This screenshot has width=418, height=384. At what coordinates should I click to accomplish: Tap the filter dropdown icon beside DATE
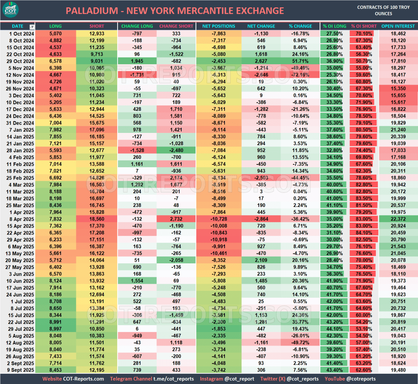pyautogui.click(x=32, y=27)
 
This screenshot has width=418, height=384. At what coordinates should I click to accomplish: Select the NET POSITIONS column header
pyautogui.click(x=218, y=26)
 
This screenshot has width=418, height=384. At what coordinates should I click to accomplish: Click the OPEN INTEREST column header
pyautogui.click(x=398, y=26)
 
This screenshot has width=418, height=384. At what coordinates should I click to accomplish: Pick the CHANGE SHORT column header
pyautogui.click(x=176, y=26)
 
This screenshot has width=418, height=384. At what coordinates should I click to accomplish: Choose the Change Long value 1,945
pyautogui.click(x=137, y=61)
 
